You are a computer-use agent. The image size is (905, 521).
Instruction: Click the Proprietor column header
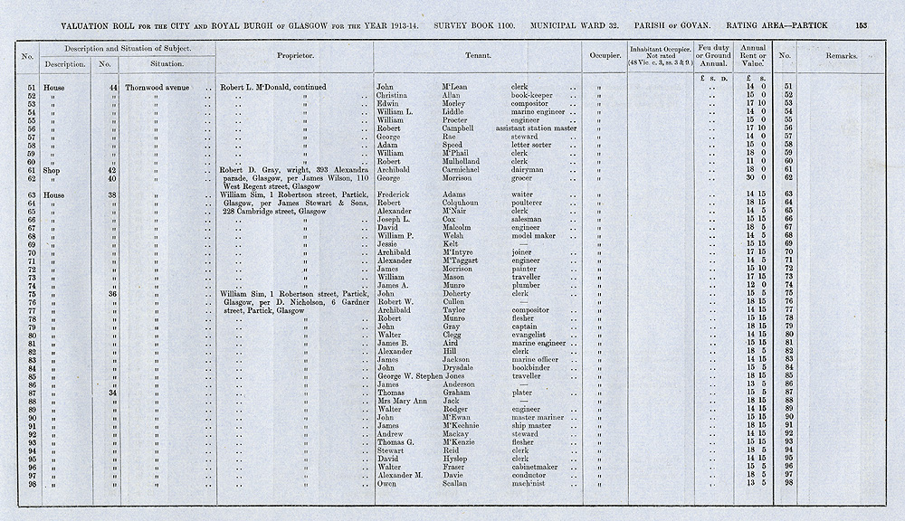point(295,56)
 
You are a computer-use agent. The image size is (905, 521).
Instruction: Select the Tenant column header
point(478,56)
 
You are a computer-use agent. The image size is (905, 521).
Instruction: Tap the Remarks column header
point(841,56)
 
